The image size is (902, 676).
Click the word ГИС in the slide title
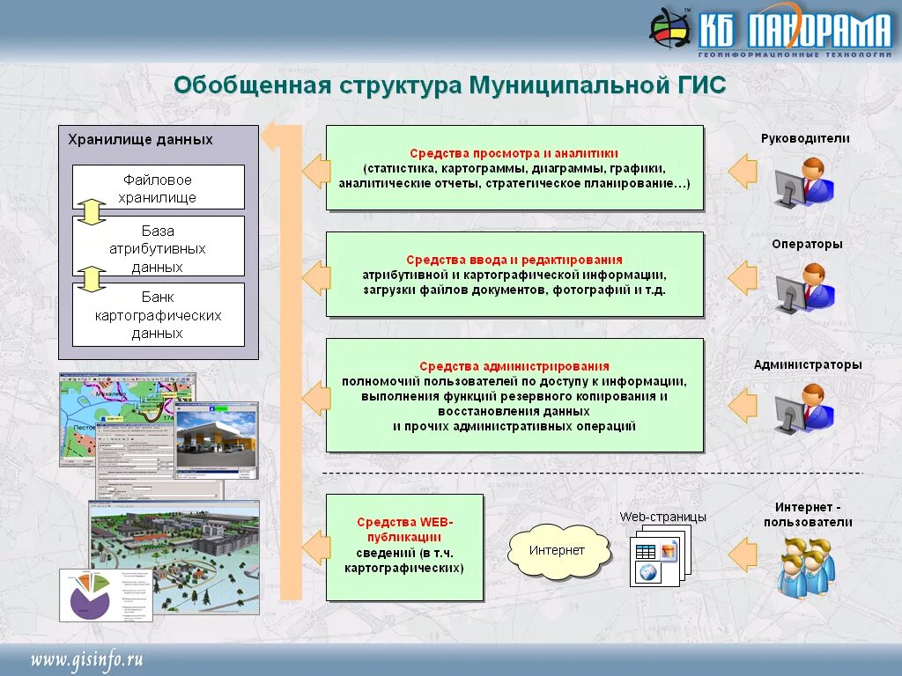[x=699, y=85]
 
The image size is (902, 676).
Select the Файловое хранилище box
[x=158, y=187]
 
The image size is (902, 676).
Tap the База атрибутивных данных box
[x=158, y=248]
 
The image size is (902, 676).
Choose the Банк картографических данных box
[x=158, y=315]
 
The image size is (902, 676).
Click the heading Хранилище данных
[x=141, y=139]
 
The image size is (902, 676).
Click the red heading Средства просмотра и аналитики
[x=514, y=152]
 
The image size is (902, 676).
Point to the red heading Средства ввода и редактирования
[x=514, y=260]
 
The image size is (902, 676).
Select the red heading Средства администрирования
[x=514, y=366]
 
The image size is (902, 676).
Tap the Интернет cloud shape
[x=557, y=551]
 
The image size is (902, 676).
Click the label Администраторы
[x=808, y=364]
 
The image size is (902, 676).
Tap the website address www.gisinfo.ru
[x=87, y=660]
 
